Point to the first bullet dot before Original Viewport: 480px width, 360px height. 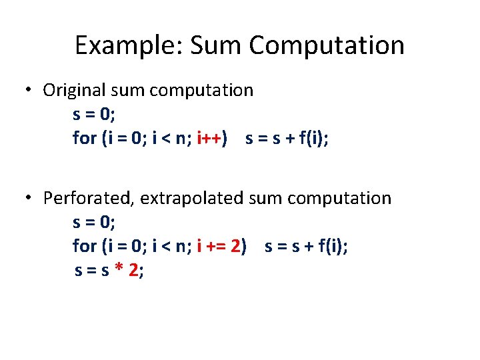pos(29,91)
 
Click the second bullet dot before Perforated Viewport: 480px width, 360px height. pos(29,198)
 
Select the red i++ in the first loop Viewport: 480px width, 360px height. pos(211,138)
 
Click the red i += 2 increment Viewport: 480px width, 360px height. pos(220,246)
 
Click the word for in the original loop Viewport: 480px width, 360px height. pos(85,138)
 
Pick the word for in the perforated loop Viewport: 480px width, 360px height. pos(85,246)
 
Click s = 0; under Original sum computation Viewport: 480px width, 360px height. pos(94,114)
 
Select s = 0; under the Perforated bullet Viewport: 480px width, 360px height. pos(94,222)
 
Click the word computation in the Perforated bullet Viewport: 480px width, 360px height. pos(340,198)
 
